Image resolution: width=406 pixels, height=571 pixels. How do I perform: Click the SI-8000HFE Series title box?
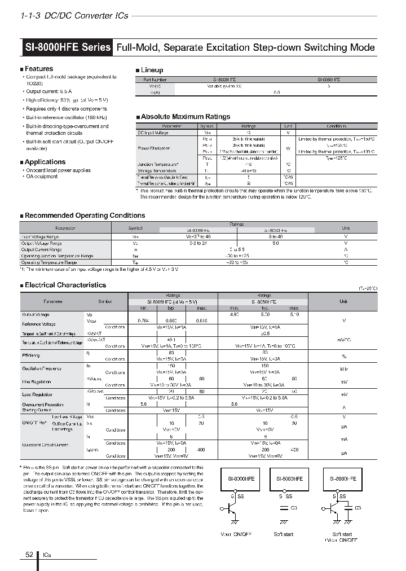tap(68, 47)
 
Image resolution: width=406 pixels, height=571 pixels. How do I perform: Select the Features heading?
tap(38, 69)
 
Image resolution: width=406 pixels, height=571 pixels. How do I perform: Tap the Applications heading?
tap(45, 162)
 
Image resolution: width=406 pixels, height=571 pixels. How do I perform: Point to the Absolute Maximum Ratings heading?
tap(185, 117)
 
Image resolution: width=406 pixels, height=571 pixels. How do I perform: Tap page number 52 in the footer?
tap(29, 555)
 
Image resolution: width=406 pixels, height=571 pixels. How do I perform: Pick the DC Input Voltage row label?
tap(153, 133)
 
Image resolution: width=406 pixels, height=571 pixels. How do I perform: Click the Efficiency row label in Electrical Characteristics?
tap(32, 355)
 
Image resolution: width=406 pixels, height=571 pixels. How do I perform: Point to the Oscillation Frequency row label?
tap(41, 368)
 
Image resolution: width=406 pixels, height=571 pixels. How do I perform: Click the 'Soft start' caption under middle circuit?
tap(284, 534)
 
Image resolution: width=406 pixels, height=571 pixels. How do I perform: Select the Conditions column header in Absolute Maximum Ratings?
tap(336, 126)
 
